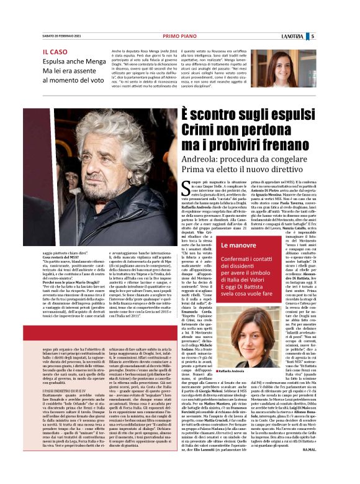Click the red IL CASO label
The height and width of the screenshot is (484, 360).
tap(55, 51)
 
